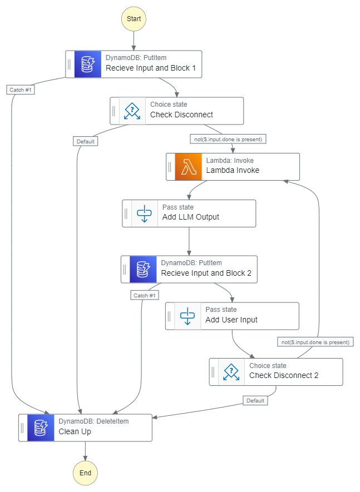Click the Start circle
click(x=134, y=18)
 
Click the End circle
click(x=85, y=473)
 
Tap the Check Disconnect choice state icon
click(x=132, y=111)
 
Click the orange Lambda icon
click(x=189, y=166)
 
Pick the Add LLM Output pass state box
click(x=189, y=213)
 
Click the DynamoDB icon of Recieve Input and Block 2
click(x=143, y=269)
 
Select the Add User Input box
click(x=232, y=316)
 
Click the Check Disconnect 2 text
click(x=284, y=375)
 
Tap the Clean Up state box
click(x=85, y=428)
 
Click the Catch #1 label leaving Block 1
click(x=21, y=90)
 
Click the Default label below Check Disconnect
click(x=85, y=141)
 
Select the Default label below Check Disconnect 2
click(x=256, y=400)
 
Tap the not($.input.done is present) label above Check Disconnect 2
click(x=315, y=342)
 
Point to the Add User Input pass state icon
click(x=188, y=316)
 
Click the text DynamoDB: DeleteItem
click(x=93, y=421)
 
